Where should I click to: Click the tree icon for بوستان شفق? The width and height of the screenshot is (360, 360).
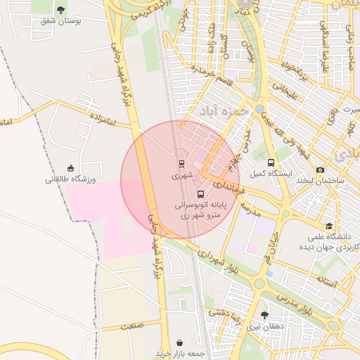(61, 10)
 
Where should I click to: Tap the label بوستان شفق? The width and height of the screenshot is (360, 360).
(61, 21)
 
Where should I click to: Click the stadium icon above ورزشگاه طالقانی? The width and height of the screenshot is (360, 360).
(70, 168)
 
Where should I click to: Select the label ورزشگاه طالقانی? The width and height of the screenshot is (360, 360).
(70, 179)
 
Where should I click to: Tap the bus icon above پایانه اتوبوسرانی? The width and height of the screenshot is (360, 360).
(201, 193)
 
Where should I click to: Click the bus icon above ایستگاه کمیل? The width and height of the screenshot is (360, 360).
(271, 162)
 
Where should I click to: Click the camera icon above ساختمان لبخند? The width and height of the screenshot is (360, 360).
(321, 169)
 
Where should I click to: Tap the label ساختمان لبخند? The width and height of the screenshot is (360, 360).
(320, 181)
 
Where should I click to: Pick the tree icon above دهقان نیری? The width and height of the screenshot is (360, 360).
(264, 315)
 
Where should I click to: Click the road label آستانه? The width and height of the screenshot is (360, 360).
(328, 281)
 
